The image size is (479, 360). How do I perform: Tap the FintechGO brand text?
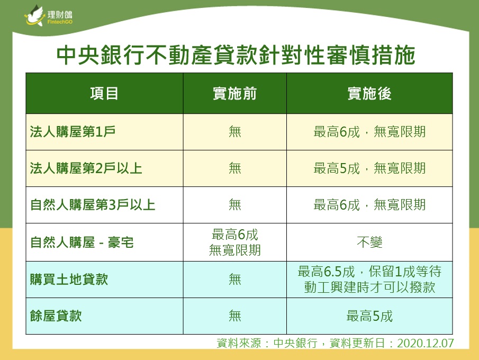coord(60,22)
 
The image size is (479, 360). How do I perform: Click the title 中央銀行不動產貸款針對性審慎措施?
coord(236,55)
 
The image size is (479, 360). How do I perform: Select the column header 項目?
coord(104,94)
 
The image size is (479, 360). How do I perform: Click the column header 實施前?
coord(234,94)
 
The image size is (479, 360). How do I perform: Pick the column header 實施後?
coord(369,94)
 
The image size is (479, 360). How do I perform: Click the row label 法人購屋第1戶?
coord(73,132)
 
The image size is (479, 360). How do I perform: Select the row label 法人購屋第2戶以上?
coord(86,168)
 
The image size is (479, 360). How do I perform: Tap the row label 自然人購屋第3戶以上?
coord(93,205)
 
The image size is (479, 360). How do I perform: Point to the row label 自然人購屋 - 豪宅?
coord(82,242)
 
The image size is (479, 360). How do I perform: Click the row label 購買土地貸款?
coord(69,280)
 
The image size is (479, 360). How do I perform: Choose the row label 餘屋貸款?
coord(56,316)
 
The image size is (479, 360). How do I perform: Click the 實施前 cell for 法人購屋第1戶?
coord(235,132)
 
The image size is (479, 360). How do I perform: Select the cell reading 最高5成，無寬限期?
coord(369,168)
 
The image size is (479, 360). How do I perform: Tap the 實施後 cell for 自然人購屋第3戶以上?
coord(369,205)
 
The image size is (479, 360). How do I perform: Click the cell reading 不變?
coord(369,242)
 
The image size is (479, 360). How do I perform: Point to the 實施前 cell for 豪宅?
coord(234,242)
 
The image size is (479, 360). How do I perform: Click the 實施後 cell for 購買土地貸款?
coord(369,280)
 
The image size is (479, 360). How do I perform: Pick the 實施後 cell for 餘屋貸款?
coord(369,316)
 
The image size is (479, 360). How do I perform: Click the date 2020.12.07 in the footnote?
coord(426,343)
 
